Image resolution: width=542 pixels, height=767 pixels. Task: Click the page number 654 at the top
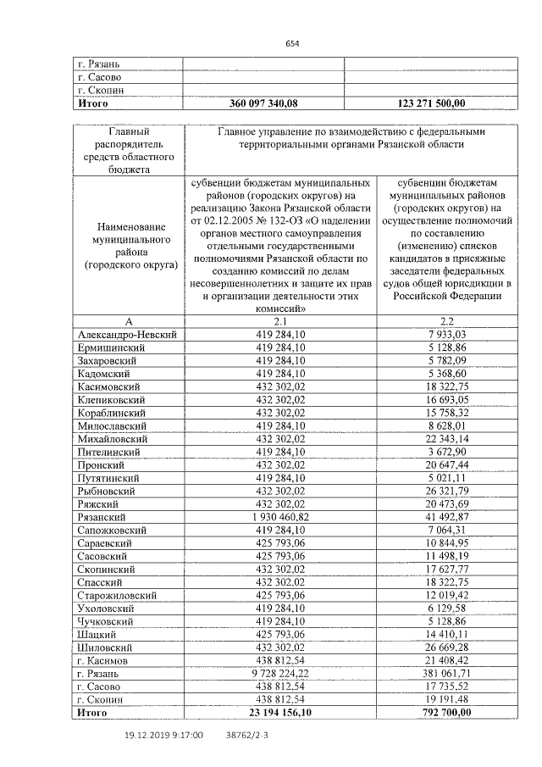(292, 43)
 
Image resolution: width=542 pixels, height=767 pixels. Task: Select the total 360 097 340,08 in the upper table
(263, 103)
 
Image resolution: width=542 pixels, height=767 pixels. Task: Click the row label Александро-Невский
(127, 335)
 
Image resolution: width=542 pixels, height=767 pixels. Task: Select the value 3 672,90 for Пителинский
(448, 452)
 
